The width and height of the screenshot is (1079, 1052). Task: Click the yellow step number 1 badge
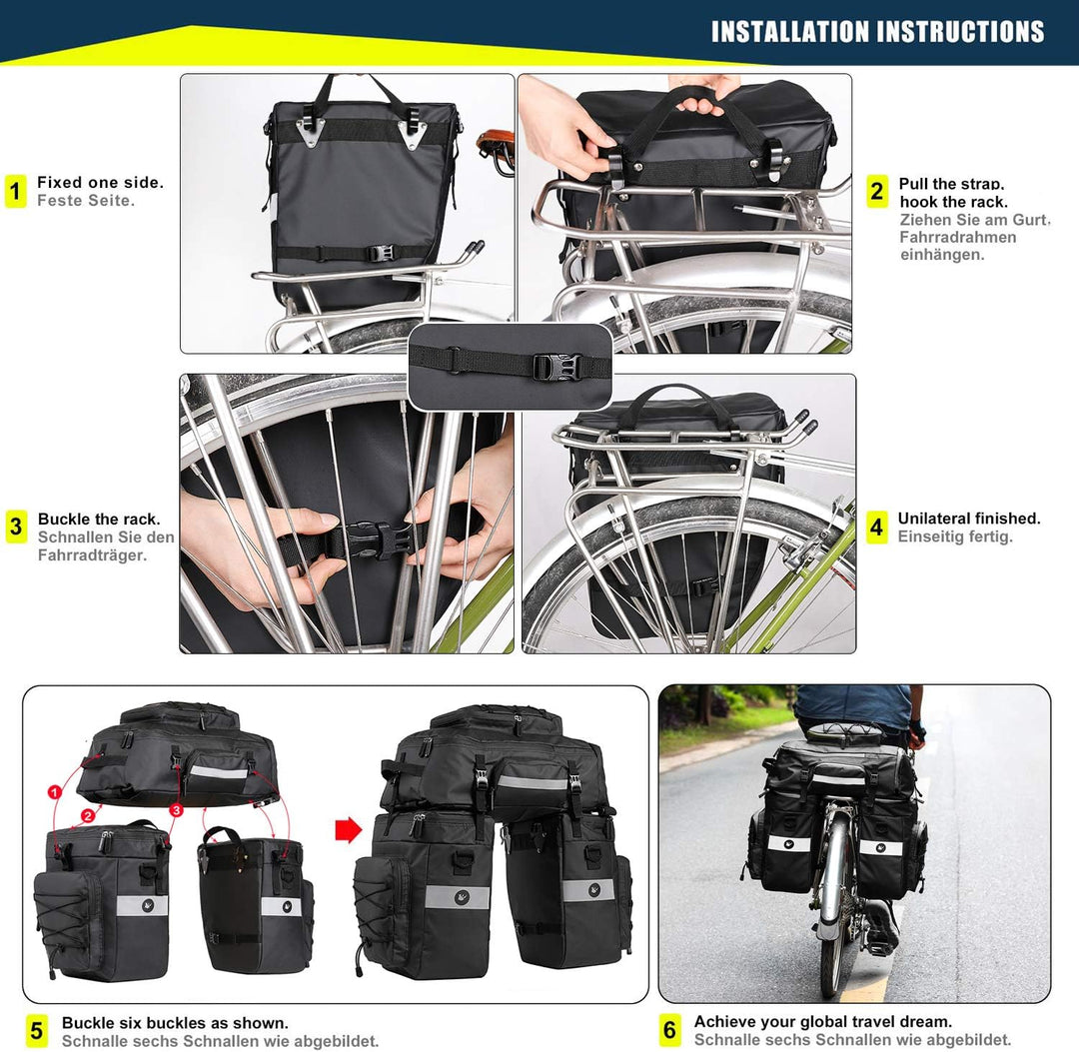15,191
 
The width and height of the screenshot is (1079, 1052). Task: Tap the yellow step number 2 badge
877,191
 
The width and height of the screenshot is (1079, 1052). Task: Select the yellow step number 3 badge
16,526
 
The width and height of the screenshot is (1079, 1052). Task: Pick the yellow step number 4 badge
877,526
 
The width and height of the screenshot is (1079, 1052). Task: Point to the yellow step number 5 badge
37,1030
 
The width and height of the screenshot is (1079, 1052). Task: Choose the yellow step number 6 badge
669,1030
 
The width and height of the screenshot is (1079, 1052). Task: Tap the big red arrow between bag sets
346,829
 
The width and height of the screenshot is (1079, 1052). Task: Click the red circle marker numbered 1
54,792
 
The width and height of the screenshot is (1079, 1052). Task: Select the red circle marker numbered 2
88,815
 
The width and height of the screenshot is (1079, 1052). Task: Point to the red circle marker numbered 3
176,810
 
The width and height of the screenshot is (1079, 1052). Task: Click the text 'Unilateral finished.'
969,519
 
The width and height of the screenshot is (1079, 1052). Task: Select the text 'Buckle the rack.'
99,520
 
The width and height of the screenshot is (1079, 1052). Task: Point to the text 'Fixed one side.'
100,182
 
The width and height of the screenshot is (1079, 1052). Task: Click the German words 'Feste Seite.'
86,200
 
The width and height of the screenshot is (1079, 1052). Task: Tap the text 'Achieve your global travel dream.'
823,1021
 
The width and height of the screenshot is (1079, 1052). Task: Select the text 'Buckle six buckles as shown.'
175,1023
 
